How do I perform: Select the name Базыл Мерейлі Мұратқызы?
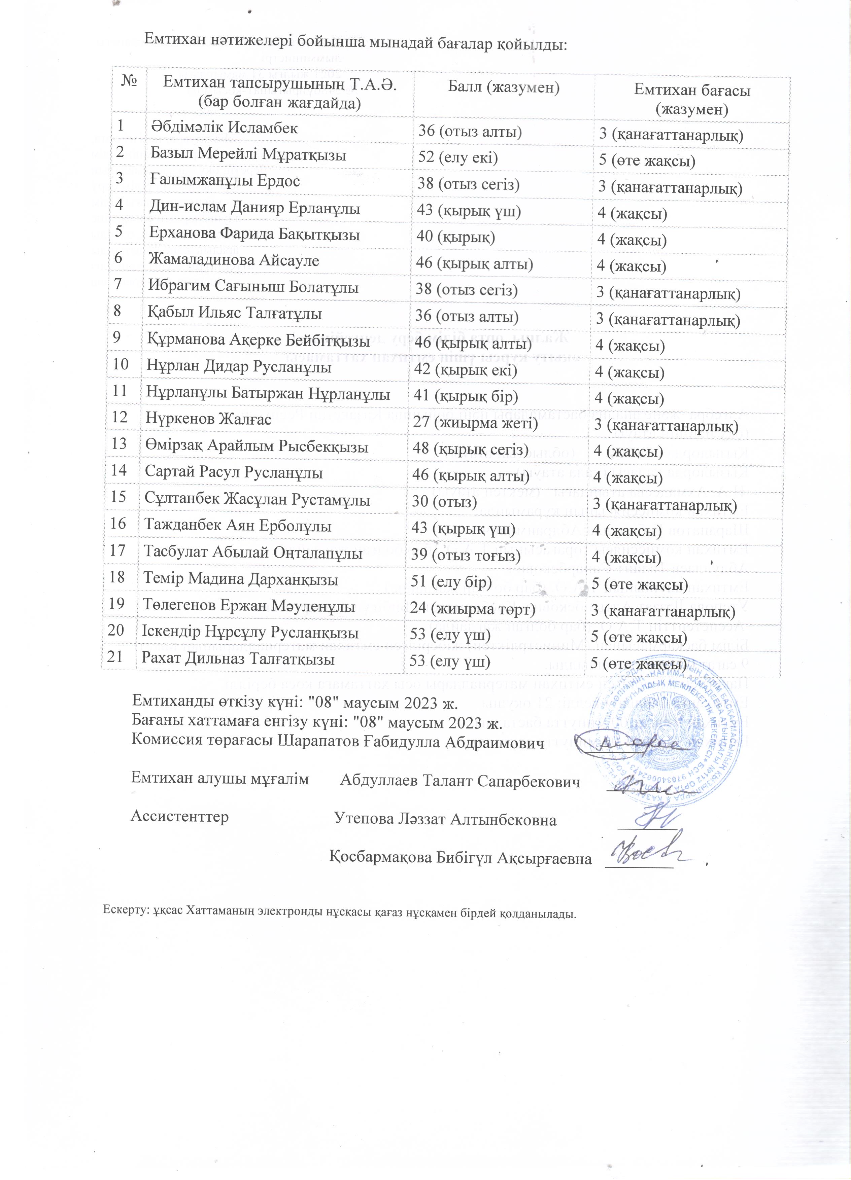tap(248, 154)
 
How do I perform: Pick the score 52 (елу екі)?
tap(458, 157)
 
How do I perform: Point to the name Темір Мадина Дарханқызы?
tap(241, 579)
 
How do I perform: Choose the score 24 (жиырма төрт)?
tap(473, 608)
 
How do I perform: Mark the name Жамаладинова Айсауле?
tap(234, 260)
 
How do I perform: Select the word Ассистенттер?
tap(179, 816)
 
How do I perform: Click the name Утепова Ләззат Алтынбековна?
tap(445, 819)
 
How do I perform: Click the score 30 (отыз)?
tap(444, 502)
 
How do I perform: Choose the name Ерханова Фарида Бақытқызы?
tap(254, 234)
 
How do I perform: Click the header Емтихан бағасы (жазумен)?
tap(692, 99)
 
